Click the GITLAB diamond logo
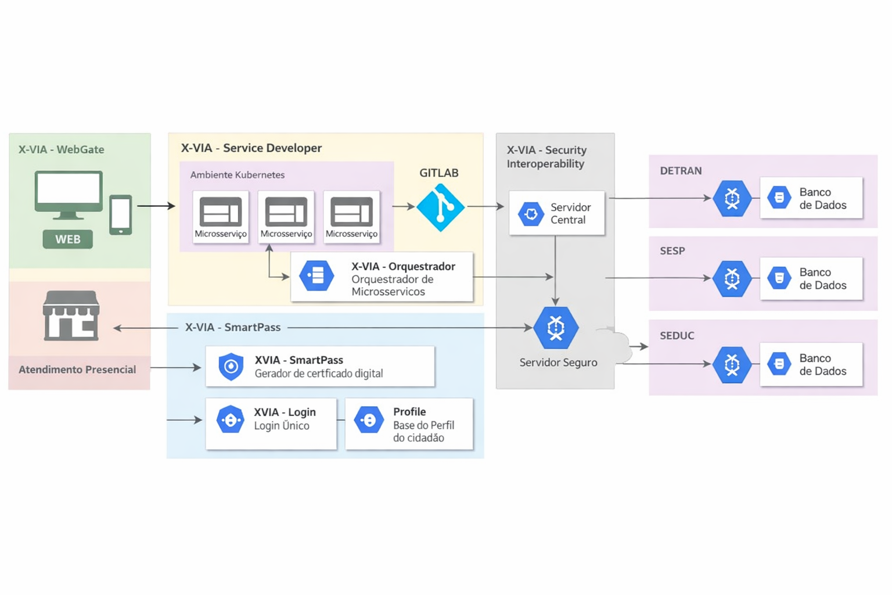tap(440, 207)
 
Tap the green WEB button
tap(67, 239)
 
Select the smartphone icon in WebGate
tap(121, 215)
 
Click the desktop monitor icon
tap(69, 194)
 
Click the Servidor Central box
tap(556, 213)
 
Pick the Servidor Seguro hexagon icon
tap(556, 328)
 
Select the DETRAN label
tap(681, 171)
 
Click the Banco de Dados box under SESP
tap(811, 278)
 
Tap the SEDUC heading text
tap(677, 336)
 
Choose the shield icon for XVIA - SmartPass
tap(231, 367)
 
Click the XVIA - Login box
tap(271, 424)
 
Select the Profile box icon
tap(369, 420)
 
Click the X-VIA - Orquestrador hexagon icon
tap(316, 276)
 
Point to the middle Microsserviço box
tap(286, 217)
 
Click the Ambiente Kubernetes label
tap(237, 175)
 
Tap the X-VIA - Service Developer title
tap(251, 148)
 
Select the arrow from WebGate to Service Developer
tap(156, 206)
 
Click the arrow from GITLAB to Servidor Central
tap(485, 206)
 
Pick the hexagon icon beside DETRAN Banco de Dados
tap(732, 199)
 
